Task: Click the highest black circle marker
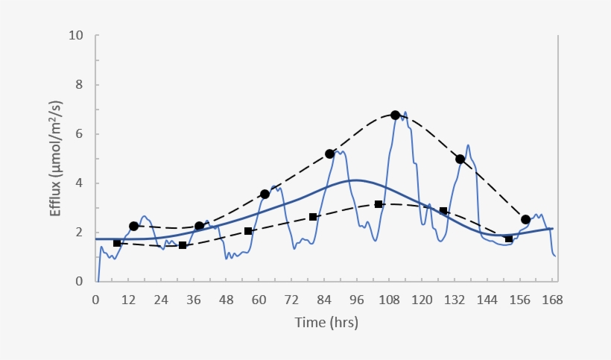point(395,116)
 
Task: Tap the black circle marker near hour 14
point(133,226)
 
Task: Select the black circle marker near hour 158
point(525,219)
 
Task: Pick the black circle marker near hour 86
point(329,154)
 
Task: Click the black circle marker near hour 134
point(460,159)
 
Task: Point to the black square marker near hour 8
point(117,243)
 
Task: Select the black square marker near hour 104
point(379,204)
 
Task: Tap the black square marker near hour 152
point(509,239)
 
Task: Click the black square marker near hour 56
point(248,231)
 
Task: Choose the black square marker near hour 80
point(313,217)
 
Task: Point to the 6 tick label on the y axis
point(79,134)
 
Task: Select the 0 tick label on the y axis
point(79,282)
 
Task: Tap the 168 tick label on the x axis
point(552,300)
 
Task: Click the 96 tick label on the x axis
point(357,300)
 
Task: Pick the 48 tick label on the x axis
point(227,300)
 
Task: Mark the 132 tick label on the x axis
point(455,300)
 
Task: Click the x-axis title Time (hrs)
point(325,323)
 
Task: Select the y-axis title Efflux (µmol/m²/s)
point(56,158)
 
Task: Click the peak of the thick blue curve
point(356,180)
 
